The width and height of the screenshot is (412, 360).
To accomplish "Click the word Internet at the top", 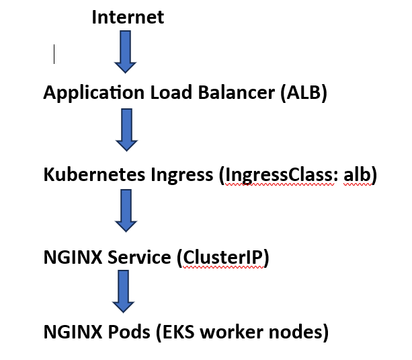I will [x=128, y=17].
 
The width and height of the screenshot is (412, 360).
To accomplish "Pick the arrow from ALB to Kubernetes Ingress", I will [x=126, y=129].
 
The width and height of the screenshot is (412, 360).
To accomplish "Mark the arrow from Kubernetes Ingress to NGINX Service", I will [x=126, y=211].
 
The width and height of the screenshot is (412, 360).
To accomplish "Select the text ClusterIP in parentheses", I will [x=223, y=258].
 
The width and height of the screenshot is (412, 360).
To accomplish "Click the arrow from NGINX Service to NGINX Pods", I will [x=123, y=291].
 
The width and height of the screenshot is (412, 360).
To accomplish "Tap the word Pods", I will [x=124, y=332].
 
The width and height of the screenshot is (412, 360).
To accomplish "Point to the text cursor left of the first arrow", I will [x=54, y=54].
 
